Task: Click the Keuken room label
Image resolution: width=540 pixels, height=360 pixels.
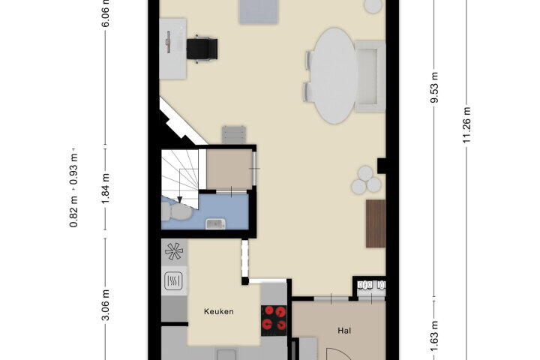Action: (219, 311)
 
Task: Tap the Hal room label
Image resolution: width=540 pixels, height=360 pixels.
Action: (344, 331)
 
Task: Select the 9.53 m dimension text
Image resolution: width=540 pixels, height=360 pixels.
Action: (434, 88)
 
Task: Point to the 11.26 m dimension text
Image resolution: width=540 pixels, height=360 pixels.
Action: (466, 125)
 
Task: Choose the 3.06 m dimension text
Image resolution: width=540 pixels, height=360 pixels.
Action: (106, 305)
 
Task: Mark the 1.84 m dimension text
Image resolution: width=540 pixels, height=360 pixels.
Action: (106, 188)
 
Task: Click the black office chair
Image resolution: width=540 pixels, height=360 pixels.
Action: (202, 49)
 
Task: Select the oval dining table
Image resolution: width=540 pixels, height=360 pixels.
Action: (334, 76)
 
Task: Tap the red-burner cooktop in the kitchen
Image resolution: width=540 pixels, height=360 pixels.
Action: (274, 321)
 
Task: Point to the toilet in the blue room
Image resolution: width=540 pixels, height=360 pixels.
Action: (176, 211)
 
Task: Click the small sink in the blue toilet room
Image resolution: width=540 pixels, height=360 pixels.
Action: (215, 224)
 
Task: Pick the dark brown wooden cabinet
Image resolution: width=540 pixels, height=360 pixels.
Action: (376, 223)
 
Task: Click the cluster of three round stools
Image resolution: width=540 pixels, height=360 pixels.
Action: (366, 180)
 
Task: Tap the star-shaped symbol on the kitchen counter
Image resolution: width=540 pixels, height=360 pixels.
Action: (174, 251)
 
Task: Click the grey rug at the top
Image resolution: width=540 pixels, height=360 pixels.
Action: (259, 12)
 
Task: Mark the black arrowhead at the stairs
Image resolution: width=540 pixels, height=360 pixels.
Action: (179, 199)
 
